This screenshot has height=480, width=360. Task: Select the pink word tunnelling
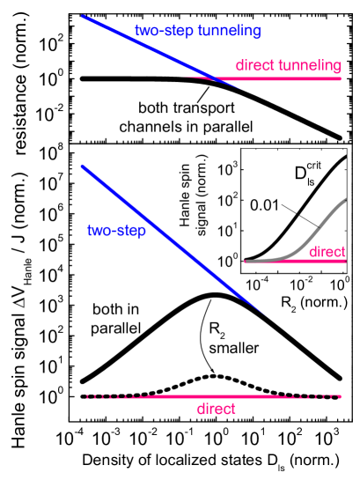(309, 66)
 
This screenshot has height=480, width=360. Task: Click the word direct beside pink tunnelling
(254, 66)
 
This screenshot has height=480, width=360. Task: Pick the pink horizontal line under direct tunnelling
(290, 78)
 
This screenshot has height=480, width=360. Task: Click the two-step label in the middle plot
(116, 231)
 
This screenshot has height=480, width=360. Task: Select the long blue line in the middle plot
(167, 237)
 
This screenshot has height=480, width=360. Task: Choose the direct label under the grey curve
(327, 252)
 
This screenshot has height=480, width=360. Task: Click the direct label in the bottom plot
(216, 409)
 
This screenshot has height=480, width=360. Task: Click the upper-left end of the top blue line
(83, 16)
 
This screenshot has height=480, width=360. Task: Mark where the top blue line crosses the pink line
(212, 78)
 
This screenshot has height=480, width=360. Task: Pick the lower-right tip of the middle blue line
(264, 314)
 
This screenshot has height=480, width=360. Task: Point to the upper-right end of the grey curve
(345, 200)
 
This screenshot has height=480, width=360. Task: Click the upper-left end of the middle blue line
(82, 166)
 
